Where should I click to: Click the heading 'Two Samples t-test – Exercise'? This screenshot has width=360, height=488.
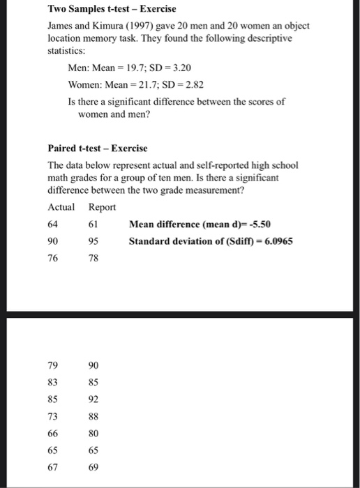point(112,9)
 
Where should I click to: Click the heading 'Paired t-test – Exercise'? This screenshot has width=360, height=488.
point(97,148)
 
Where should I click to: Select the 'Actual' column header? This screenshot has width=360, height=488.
point(61,207)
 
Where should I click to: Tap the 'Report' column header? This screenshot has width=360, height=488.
point(103,207)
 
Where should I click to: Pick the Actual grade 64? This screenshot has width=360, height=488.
point(53,224)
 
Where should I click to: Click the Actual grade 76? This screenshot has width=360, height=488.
point(53,258)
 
